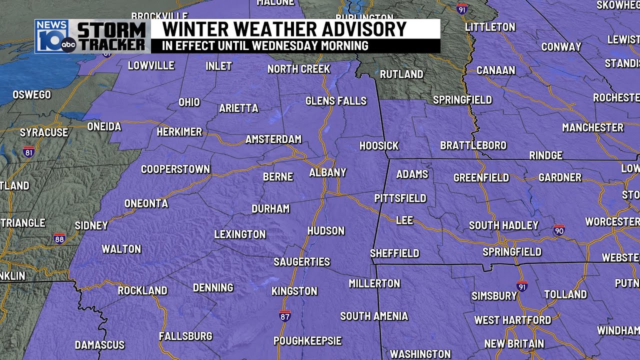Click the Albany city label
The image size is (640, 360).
tap(327, 172)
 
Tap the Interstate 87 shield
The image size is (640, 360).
tap(284, 315)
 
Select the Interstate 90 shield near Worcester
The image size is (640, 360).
tap(559, 230)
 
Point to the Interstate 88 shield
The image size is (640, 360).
tap(59, 238)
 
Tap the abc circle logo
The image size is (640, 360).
tap(68, 45)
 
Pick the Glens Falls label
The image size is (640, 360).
tap(336, 101)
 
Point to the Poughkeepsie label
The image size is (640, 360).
tap(307, 341)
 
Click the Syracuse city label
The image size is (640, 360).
tap(44, 132)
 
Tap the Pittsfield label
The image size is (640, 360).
tap(400, 198)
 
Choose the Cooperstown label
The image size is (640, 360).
tap(175, 169)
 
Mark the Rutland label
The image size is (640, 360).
tap(401, 74)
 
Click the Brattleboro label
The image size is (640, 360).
tap(473, 145)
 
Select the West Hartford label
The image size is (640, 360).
tap(512, 320)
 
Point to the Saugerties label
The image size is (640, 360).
tap(301, 262)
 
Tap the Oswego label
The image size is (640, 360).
tap(31, 94)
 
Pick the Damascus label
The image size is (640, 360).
tap(99, 345)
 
